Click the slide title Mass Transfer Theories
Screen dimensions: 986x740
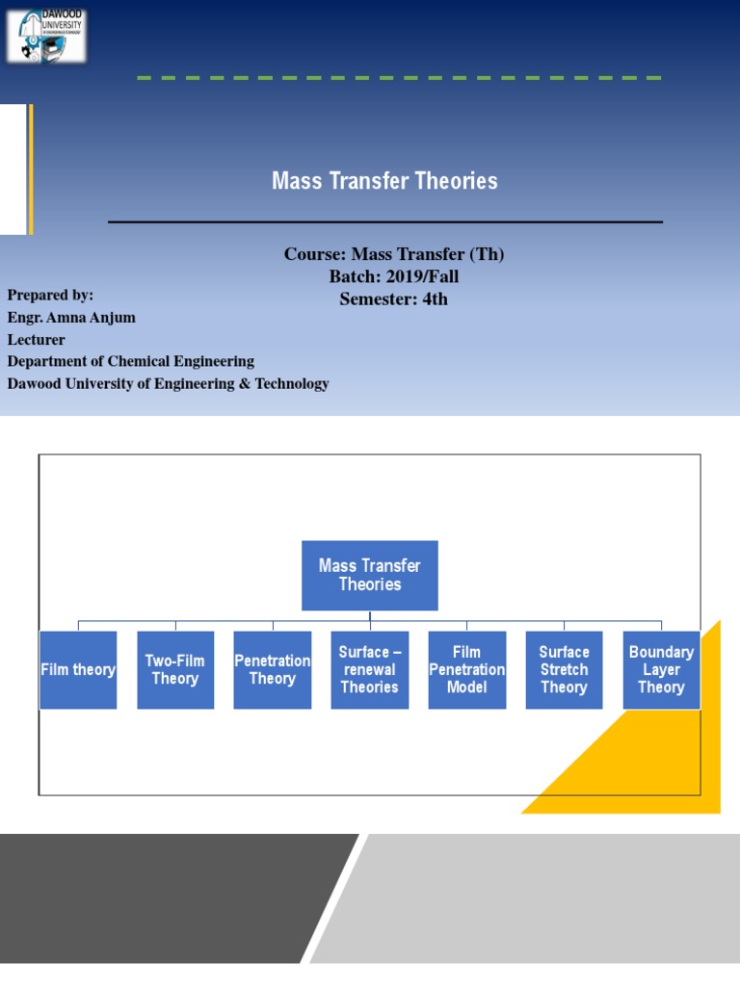point(384,181)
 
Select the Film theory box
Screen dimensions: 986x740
point(78,669)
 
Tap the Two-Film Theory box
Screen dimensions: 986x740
point(175,669)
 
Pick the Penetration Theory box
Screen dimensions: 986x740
point(273,669)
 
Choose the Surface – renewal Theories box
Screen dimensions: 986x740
point(369,669)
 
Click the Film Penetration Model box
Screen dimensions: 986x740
point(466,669)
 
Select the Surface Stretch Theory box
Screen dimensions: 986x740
point(564,669)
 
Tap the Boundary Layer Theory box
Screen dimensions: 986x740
point(661,669)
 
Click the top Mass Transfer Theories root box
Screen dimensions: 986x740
point(370,575)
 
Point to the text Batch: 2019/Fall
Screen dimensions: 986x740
point(394,276)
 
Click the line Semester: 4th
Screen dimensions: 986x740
point(393,298)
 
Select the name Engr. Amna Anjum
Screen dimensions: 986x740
point(71,317)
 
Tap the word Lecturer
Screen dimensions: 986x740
point(37,339)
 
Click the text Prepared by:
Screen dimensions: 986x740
point(50,295)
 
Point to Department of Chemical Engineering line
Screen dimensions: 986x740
point(131,361)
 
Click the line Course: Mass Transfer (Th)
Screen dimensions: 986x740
point(394,254)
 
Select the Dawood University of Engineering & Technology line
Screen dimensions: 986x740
point(168,383)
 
